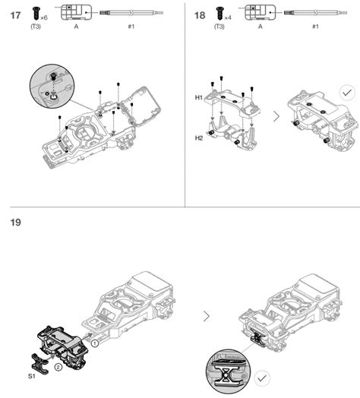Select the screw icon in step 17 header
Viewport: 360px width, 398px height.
[35, 12]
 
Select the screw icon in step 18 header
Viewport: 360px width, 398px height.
[219, 12]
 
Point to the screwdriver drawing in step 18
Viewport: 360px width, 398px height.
[316, 13]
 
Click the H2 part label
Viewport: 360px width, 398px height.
[199, 137]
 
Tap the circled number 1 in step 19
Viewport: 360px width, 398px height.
[95, 343]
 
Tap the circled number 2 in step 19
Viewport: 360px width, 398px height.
[58, 370]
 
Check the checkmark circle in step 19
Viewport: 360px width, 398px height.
[263, 377]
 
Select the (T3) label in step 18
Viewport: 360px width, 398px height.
[219, 27]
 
